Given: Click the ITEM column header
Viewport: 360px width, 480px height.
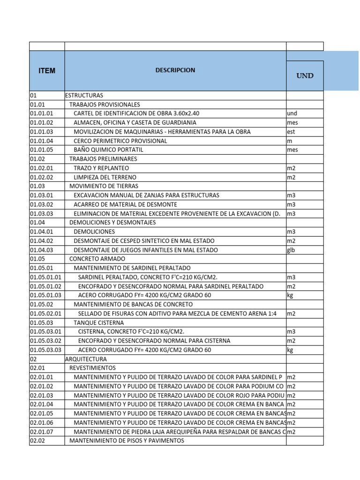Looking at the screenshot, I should pyautogui.click(x=47, y=71).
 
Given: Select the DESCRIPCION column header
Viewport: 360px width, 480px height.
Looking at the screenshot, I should pyautogui.click(x=175, y=70).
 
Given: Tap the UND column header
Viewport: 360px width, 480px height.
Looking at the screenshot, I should pyautogui.click(x=305, y=75).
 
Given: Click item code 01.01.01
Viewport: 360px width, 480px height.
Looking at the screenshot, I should pyautogui.click(x=42, y=113).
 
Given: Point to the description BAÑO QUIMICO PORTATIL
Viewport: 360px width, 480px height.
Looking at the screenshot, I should pyautogui.click(x=108, y=150).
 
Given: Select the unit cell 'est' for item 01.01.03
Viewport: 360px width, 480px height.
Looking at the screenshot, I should pyautogui.click(x=291, y=132).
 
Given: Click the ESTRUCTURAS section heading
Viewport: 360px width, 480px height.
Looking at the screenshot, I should pyautogui.click(x=84, y=95).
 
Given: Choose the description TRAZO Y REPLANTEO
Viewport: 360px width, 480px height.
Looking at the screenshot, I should pyautogui.click(x=101, y=168).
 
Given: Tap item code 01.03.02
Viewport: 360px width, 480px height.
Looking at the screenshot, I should pyautogui.click(x=42, y=204).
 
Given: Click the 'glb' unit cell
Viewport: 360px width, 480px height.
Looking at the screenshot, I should pyautogui.click(x=291, y=250).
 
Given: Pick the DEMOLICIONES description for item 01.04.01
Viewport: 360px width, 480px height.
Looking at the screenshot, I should pyautogui.click(x=94, y=232).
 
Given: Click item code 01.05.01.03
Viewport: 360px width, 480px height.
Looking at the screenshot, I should pyautogui.click(x=45, y=295).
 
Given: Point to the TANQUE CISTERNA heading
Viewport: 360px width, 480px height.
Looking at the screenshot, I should pyautogui.click(x=99, y=322).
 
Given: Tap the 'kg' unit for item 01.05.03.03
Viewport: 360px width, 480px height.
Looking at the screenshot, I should pyautogui.click(x=290, y=350).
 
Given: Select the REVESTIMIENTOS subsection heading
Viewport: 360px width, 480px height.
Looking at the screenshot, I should pyautogui.click(x=92, y=368).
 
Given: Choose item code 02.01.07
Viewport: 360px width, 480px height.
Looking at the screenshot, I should pyautogui.click(x=42, y=432).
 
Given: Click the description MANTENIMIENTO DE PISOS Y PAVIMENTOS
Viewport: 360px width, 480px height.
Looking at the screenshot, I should pyautogui.click(x=127, y=441).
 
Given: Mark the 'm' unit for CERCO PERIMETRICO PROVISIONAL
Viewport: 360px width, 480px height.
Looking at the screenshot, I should pyautogui.click(x=289, y=141).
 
